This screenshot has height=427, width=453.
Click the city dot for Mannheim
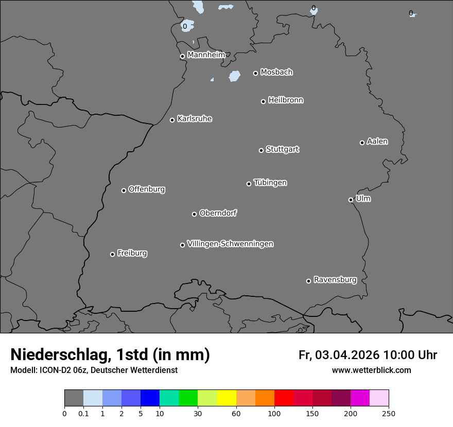[182, 57]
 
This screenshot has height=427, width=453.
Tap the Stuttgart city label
[282, 149]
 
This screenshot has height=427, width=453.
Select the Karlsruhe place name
[195, 119]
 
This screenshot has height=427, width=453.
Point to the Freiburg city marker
[112, 254]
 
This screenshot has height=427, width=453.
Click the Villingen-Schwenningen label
[230, 244]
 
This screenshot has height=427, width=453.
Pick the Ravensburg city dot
[309, 281]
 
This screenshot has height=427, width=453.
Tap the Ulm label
[363, 199]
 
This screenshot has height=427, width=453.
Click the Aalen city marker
[362, 143]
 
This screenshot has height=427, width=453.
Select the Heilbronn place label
[286, 100]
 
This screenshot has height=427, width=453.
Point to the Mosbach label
[276, 72]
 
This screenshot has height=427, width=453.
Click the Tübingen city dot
[249, 184]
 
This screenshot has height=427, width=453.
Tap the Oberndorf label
[218, 213]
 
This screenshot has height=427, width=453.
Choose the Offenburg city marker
[124, 190]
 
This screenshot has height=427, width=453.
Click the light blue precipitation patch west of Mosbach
[235, 76]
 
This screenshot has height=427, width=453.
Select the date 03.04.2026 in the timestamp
[347, 355]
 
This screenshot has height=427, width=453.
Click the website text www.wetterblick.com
[371, 370]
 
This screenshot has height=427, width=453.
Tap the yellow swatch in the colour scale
[226, 398]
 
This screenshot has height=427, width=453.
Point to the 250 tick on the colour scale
[389, 413]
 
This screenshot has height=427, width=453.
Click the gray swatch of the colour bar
[74, 398]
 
